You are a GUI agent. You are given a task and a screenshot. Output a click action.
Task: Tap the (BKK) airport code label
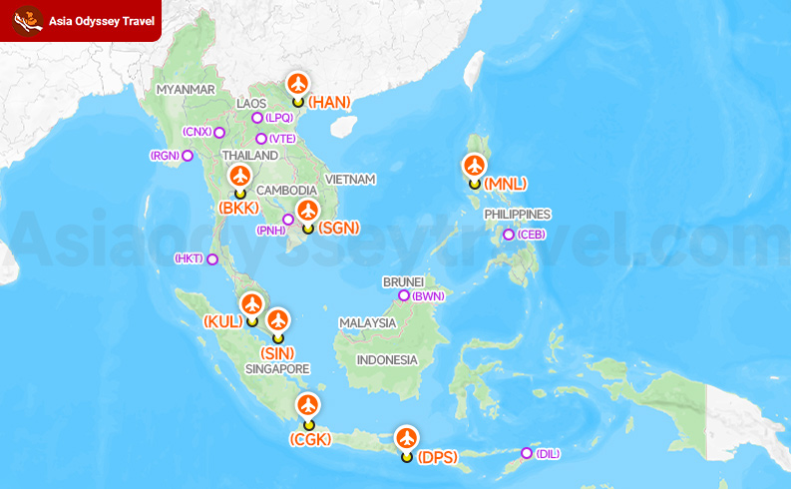point(238,208)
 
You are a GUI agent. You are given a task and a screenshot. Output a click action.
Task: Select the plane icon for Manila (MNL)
point(475,166)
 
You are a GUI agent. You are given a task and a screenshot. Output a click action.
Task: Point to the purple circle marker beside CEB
point(509,236)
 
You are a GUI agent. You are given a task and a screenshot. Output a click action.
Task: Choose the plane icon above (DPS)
point(406,438)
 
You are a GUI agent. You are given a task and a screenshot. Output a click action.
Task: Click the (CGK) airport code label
point(308,439)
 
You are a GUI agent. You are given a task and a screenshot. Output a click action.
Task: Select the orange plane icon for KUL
point(251,303)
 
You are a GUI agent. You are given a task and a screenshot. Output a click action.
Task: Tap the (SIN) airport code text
point(277,353)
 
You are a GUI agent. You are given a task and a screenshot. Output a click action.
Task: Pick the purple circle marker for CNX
point(219,132)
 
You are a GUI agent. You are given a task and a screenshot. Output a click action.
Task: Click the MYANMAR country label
point(187,90)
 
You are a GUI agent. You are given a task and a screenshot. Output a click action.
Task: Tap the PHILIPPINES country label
point(518,215)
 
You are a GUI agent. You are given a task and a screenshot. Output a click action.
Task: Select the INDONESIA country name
point(386,359)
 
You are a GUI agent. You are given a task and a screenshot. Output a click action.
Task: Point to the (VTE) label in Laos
point(282,139)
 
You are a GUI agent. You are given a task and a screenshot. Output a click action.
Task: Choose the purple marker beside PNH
point(288,220)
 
